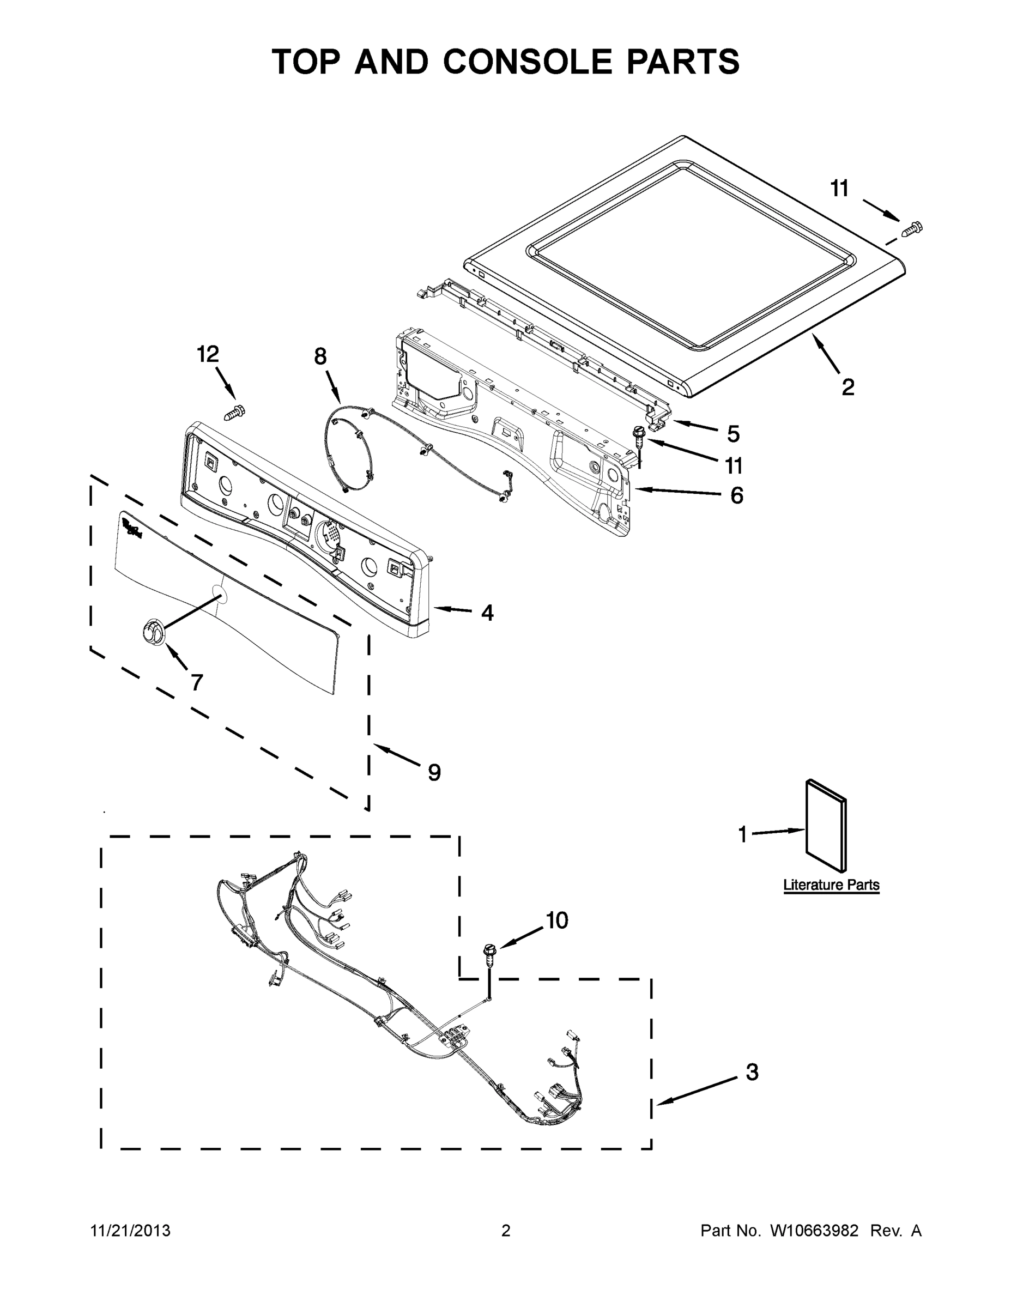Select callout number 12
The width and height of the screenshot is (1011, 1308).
[208, 355]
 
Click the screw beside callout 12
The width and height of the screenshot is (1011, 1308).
[235, 412]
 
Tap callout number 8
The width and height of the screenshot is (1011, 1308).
[320, 357]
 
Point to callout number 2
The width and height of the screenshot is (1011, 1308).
[847, 387]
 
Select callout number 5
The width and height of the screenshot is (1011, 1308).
[733, 434]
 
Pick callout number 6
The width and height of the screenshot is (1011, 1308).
[736, 495]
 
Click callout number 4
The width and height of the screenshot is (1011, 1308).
[488, 613]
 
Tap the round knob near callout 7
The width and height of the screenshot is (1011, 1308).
[153, 633]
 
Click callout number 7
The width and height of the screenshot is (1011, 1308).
[196, 682]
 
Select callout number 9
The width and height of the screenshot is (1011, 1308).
[434, 773]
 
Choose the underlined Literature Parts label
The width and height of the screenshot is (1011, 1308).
[831, 885]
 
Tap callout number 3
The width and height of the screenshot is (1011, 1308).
[752, 1072]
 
